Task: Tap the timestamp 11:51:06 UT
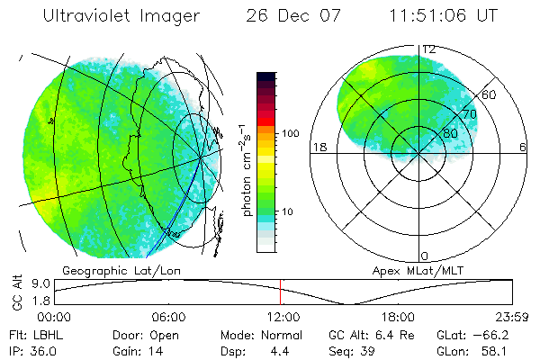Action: (x=442, y=16)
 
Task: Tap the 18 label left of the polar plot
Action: (x=318, y=147)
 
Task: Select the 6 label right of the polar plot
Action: (x=522, y=147)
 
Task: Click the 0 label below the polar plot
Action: (x=425, y=256)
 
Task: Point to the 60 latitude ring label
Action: (x=489, y=94)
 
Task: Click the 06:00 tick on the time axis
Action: (x=168, y=318)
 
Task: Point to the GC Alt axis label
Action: (x=15, y=292)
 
